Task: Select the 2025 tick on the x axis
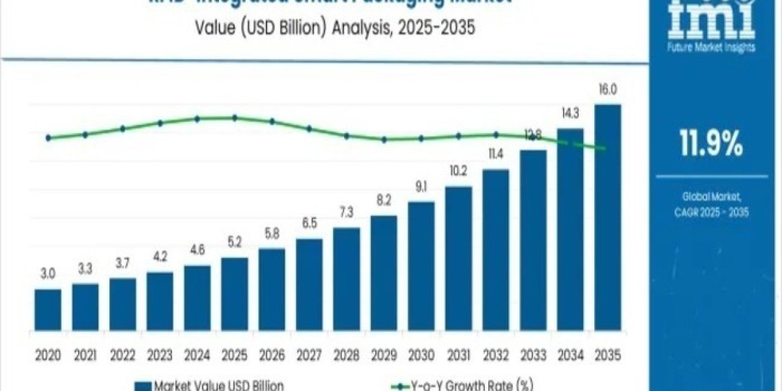(x=234, y=355)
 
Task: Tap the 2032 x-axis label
(x=495, y=355)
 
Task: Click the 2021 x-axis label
(x=85, y=355)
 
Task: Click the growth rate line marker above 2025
(x=235, y=118)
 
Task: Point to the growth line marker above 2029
(x=384, y=139)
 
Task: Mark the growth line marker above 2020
(x=48, y=138)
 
